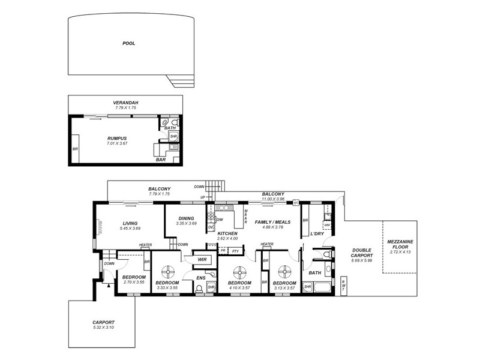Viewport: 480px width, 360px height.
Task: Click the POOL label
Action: [128, 43]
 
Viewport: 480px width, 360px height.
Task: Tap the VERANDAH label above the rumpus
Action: [125, 103]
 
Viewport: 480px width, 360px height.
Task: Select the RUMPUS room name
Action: [118, 138]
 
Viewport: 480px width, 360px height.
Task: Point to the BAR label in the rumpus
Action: [161, 160]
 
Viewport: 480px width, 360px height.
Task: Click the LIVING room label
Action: [130, 222]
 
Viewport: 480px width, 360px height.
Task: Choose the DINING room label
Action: [187, 218]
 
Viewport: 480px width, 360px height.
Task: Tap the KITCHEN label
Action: [227, 233]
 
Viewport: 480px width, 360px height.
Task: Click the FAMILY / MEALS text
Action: [273, 222]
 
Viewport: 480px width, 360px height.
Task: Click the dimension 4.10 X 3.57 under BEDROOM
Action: [239, 288]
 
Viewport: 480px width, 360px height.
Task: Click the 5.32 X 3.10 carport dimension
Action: [103, 327]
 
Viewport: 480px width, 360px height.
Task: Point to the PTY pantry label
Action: [236, 251]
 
